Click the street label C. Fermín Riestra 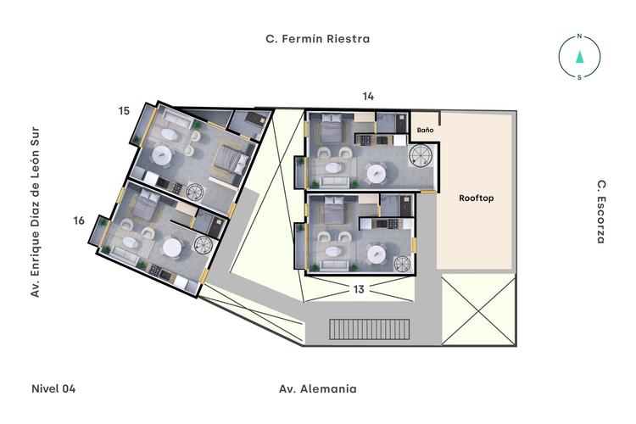[x=318, y=39]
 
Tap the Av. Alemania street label [x=318, y=389]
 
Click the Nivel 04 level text [x=53, y=389]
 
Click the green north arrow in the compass [x=579, y=57]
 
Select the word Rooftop [x=477, y=198]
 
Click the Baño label [x=425, y=130]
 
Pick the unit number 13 [x=359, y=289]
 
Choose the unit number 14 [x=368, y=97]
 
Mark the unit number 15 [x=124, y=111]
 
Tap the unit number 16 [x=79, y=221]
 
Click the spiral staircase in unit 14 [x=420, y=156]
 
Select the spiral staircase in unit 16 [x=202, y=246]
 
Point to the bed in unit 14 [x=328, y=130]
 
